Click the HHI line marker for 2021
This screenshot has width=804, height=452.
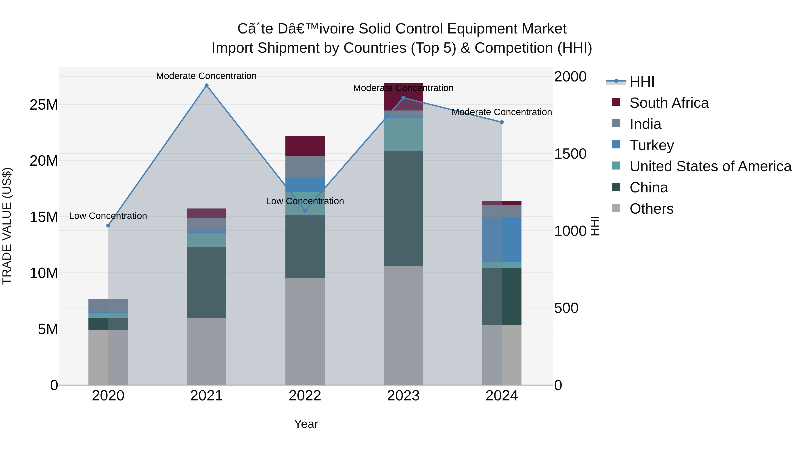(x=206, y=85)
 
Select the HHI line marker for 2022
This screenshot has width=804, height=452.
(x=305, y=211)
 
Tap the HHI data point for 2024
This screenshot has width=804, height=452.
(x=502, y=122)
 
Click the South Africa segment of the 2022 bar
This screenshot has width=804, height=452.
(x=305, y=146)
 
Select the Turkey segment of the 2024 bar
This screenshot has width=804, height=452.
(x=502, y=240)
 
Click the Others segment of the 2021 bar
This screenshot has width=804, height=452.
(x=206, y=351)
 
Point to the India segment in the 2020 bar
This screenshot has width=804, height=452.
(x=108, y=306)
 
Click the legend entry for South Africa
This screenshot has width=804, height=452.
(x=669, y=103)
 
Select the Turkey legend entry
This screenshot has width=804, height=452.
(x=651, y=145)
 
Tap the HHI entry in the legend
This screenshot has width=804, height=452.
(x=642, y=82)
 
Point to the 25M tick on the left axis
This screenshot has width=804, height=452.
(x=44, y=105)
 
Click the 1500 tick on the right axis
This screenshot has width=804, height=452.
(x=570, y=154)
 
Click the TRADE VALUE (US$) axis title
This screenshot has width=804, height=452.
(x=7, y=226)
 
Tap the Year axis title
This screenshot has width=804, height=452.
(x=306, y=424)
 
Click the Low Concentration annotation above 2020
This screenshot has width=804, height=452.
(x=108, y=216)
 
